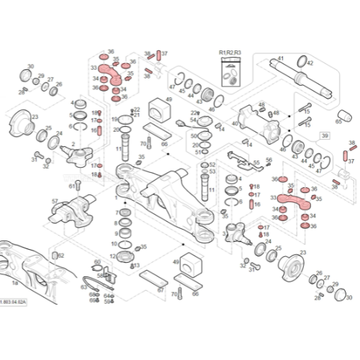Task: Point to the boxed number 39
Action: [325, 135]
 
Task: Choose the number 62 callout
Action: [61, 256]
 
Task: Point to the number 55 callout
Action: [256, 163]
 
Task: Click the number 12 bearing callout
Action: [114, 244]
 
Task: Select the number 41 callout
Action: [281, 58]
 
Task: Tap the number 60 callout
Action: [97, 262]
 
